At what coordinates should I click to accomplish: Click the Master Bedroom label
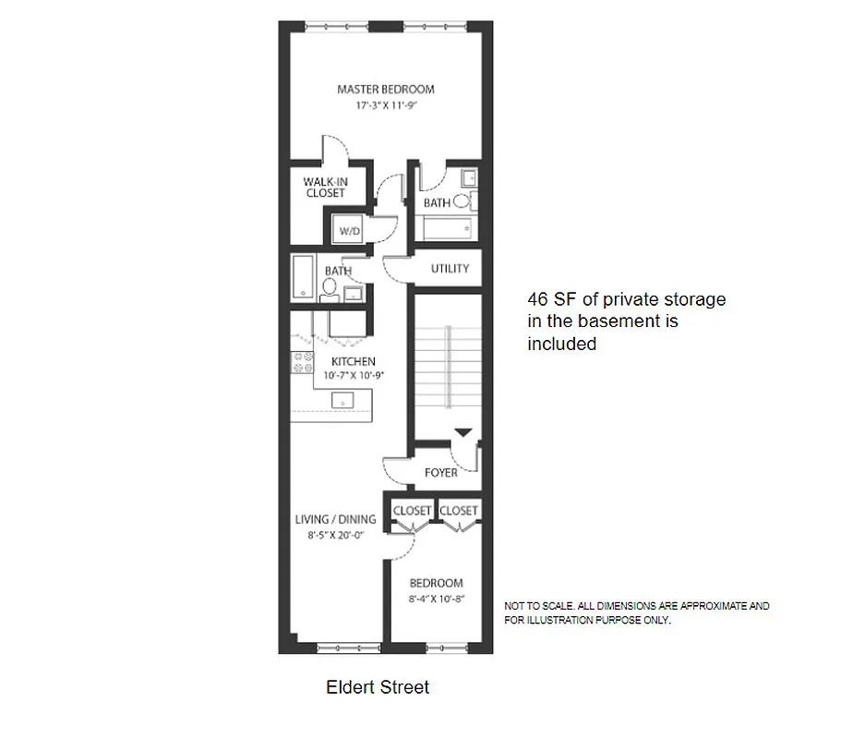[x=385, y=90]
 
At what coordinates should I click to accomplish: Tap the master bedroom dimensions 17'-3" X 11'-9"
[x=385, y=105]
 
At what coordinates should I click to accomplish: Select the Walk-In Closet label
[x=324, y=188]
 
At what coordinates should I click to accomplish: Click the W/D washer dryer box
[x=348, y=230]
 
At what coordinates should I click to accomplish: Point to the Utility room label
[x=451, y=269]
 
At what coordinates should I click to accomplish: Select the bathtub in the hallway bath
[x=303, y=276]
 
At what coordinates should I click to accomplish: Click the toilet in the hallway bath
[x=329, y=288]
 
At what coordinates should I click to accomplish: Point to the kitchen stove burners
[x=300, y=365]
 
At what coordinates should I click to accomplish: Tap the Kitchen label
[x=353, y=361]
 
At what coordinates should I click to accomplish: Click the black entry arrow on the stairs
[x=463, y=432]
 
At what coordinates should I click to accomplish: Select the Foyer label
[x=441, y=473]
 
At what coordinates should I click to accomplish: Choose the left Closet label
[x=412, y=511]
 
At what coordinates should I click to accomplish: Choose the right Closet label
[x=459, y=511]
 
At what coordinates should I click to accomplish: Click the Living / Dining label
[x=335, y=519]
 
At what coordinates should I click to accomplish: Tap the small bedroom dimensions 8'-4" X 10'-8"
[x=436, y=599]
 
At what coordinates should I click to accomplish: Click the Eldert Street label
[x=378, y=687]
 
